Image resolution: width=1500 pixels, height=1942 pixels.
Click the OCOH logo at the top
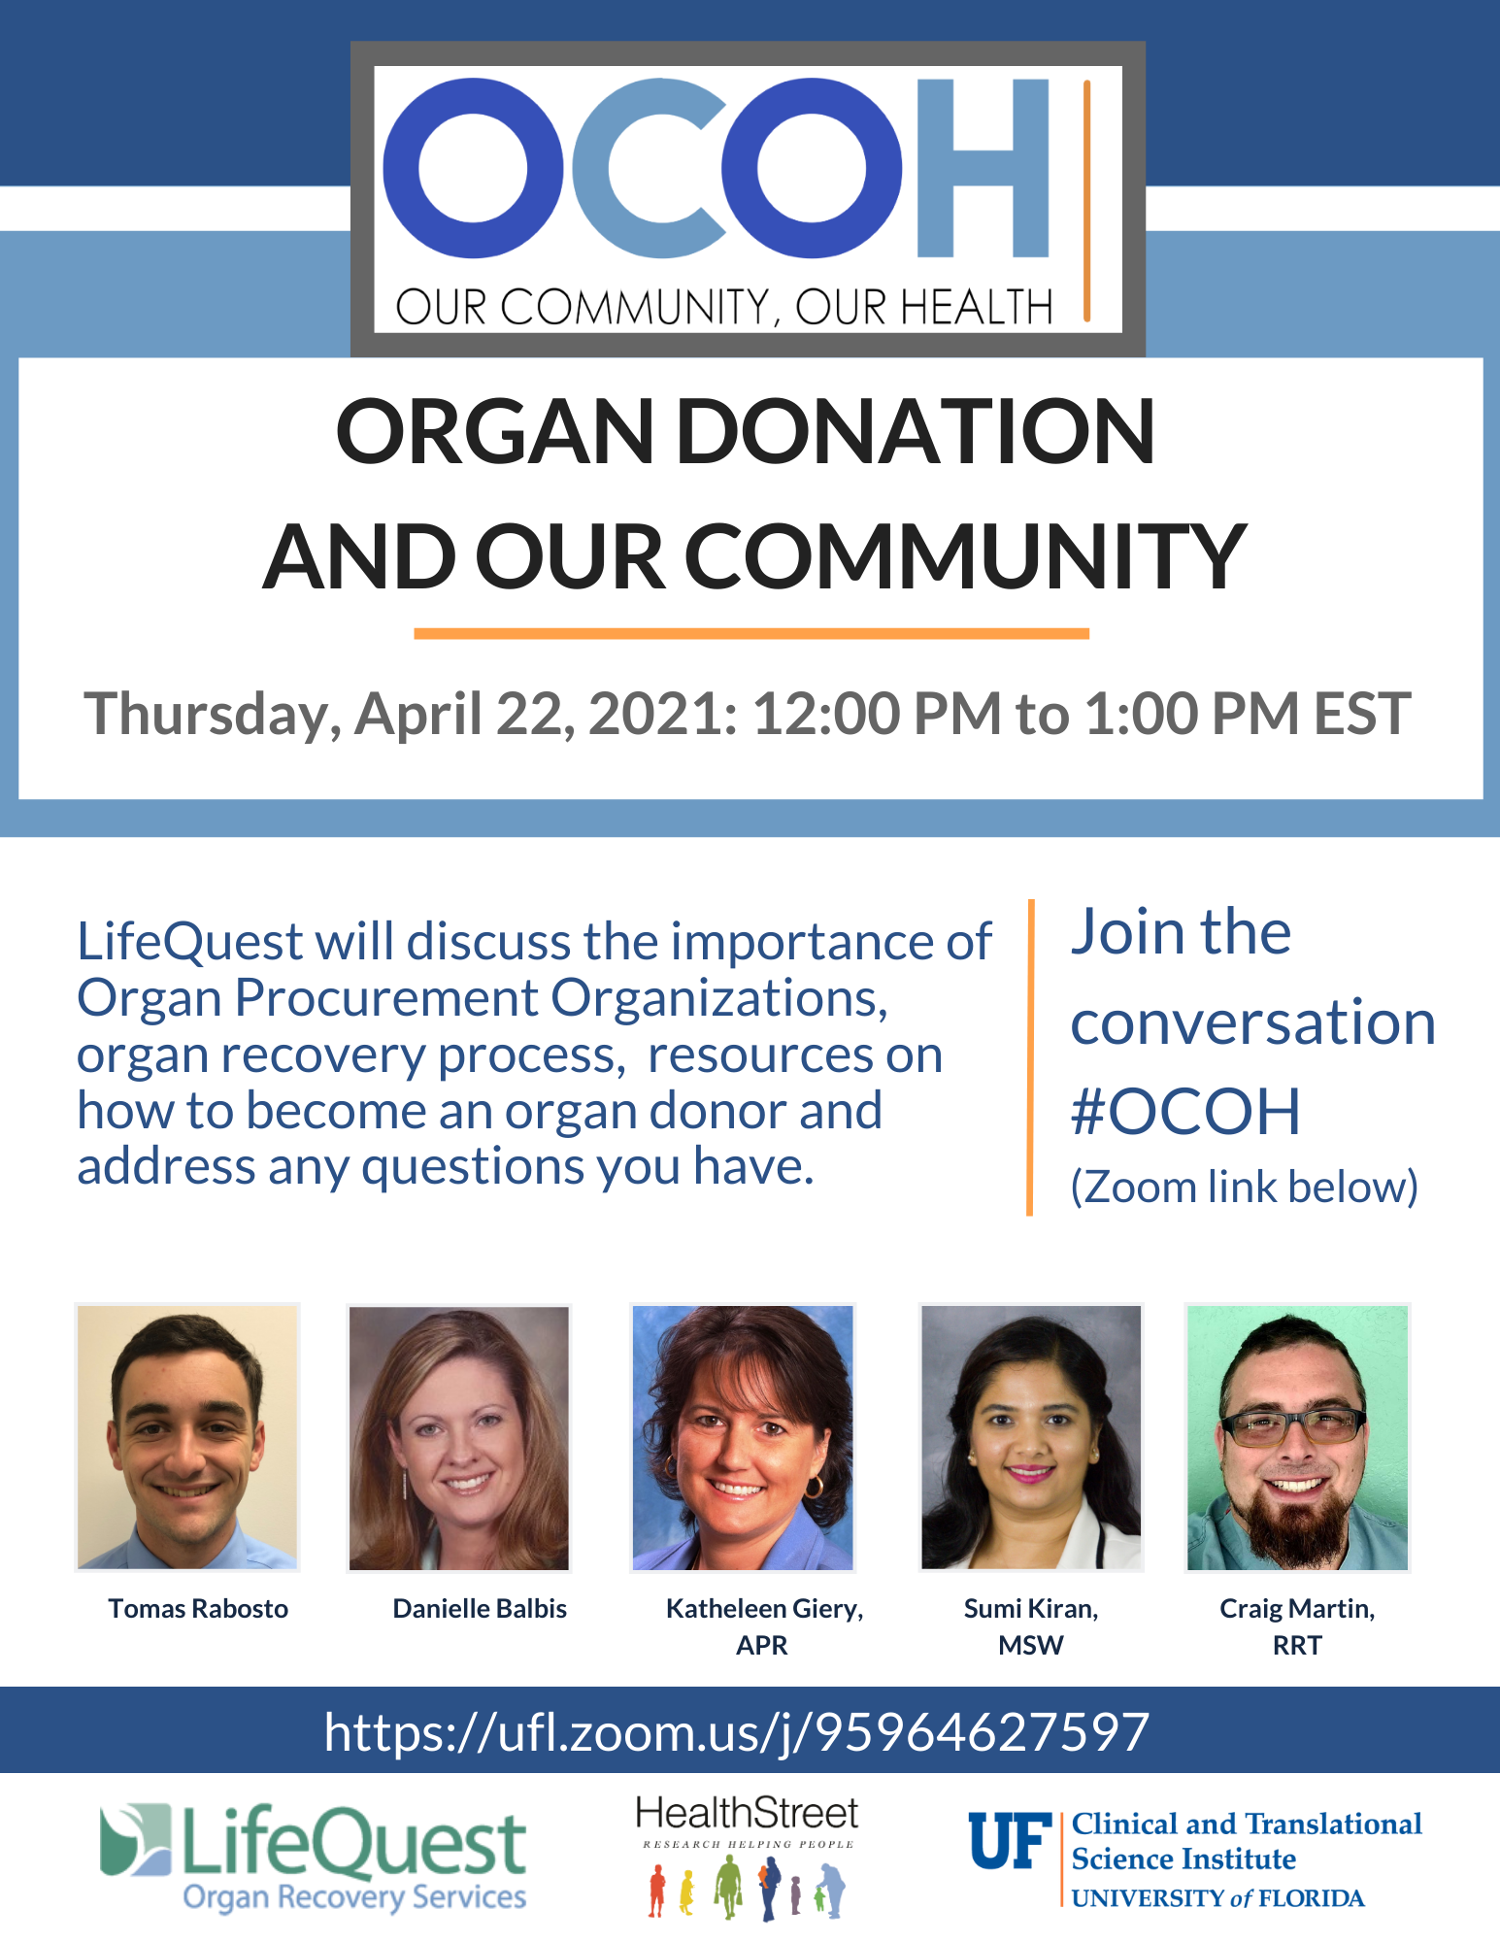[x=748, y=199]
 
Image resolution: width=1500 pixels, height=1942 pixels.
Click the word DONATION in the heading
[x=916, y=431]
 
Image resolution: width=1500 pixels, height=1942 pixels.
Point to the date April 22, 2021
[x=546, y=715]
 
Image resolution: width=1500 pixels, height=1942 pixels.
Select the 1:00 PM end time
[x=1191, y=714]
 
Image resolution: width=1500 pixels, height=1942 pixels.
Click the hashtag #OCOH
[x=1185, y=1112]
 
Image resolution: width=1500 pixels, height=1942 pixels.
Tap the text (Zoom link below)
[x=1245, y=1188]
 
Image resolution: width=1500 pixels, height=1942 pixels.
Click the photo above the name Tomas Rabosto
[x=187, y=1437]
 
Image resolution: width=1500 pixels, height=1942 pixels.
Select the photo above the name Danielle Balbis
[x=459, y=1438]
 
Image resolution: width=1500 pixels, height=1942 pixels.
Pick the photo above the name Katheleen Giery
[x=743, y=1437]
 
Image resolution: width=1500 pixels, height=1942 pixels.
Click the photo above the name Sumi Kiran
[x=1031, y=1437]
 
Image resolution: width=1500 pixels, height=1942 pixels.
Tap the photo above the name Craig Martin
[x=1297, y=1437]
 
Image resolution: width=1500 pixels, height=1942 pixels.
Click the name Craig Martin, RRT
[x=1297, y=1626]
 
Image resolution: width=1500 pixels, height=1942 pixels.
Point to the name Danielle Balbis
[x=480, y=1609]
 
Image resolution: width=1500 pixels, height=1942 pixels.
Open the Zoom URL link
[x=737, y=1733]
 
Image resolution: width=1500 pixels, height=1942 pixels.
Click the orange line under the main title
[x=751, y=634]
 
